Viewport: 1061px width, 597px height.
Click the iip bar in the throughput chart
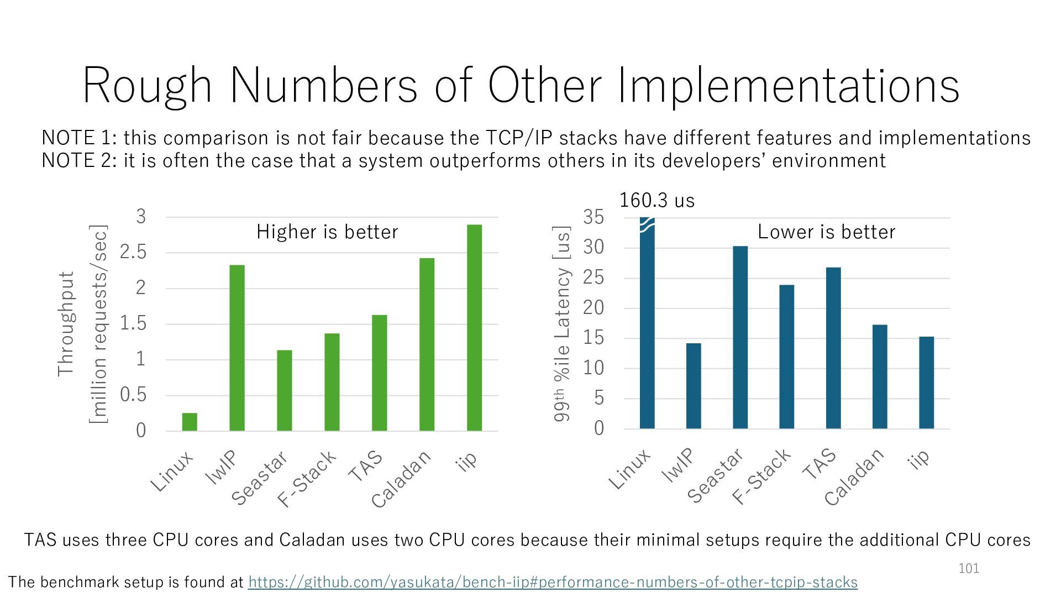coord(474,327)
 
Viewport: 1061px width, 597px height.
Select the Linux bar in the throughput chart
coord(190,421)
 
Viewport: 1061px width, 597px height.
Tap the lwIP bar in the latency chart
coord(694,386)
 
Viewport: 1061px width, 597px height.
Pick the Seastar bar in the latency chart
coord(740,337)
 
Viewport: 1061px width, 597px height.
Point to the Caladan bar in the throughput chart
coord(427,344)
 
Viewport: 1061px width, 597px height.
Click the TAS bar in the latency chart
coord(833,348)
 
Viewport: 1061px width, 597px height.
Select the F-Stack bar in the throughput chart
coord(332,381)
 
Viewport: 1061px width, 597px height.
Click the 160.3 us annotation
coord(656,200)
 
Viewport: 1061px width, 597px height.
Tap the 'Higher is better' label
coord(327,232)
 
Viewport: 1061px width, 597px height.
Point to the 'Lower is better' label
coord(826,232)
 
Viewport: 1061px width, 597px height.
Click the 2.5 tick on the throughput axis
coord(133,253)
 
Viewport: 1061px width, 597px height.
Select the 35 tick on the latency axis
coord(594,217)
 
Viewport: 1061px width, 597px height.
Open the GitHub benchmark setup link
coord(553,582)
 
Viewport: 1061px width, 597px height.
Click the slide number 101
coord(969,568)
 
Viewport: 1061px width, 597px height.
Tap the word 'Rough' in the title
coord(147,86)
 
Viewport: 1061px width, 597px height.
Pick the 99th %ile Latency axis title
coord(561,324)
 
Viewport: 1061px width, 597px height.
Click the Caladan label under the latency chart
coord(854,477)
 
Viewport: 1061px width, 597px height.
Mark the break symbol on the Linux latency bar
coord(647,224)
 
